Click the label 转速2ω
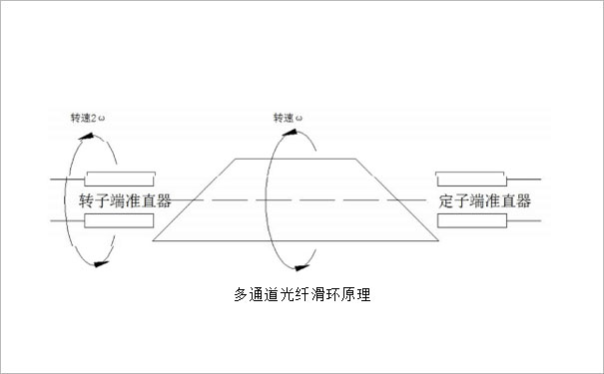(84, 118)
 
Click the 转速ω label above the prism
(290, 118)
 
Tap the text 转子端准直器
(124, 200)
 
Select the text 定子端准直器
(483, 200)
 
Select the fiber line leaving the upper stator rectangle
(525, 180)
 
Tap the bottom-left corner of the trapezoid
(153, 242)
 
